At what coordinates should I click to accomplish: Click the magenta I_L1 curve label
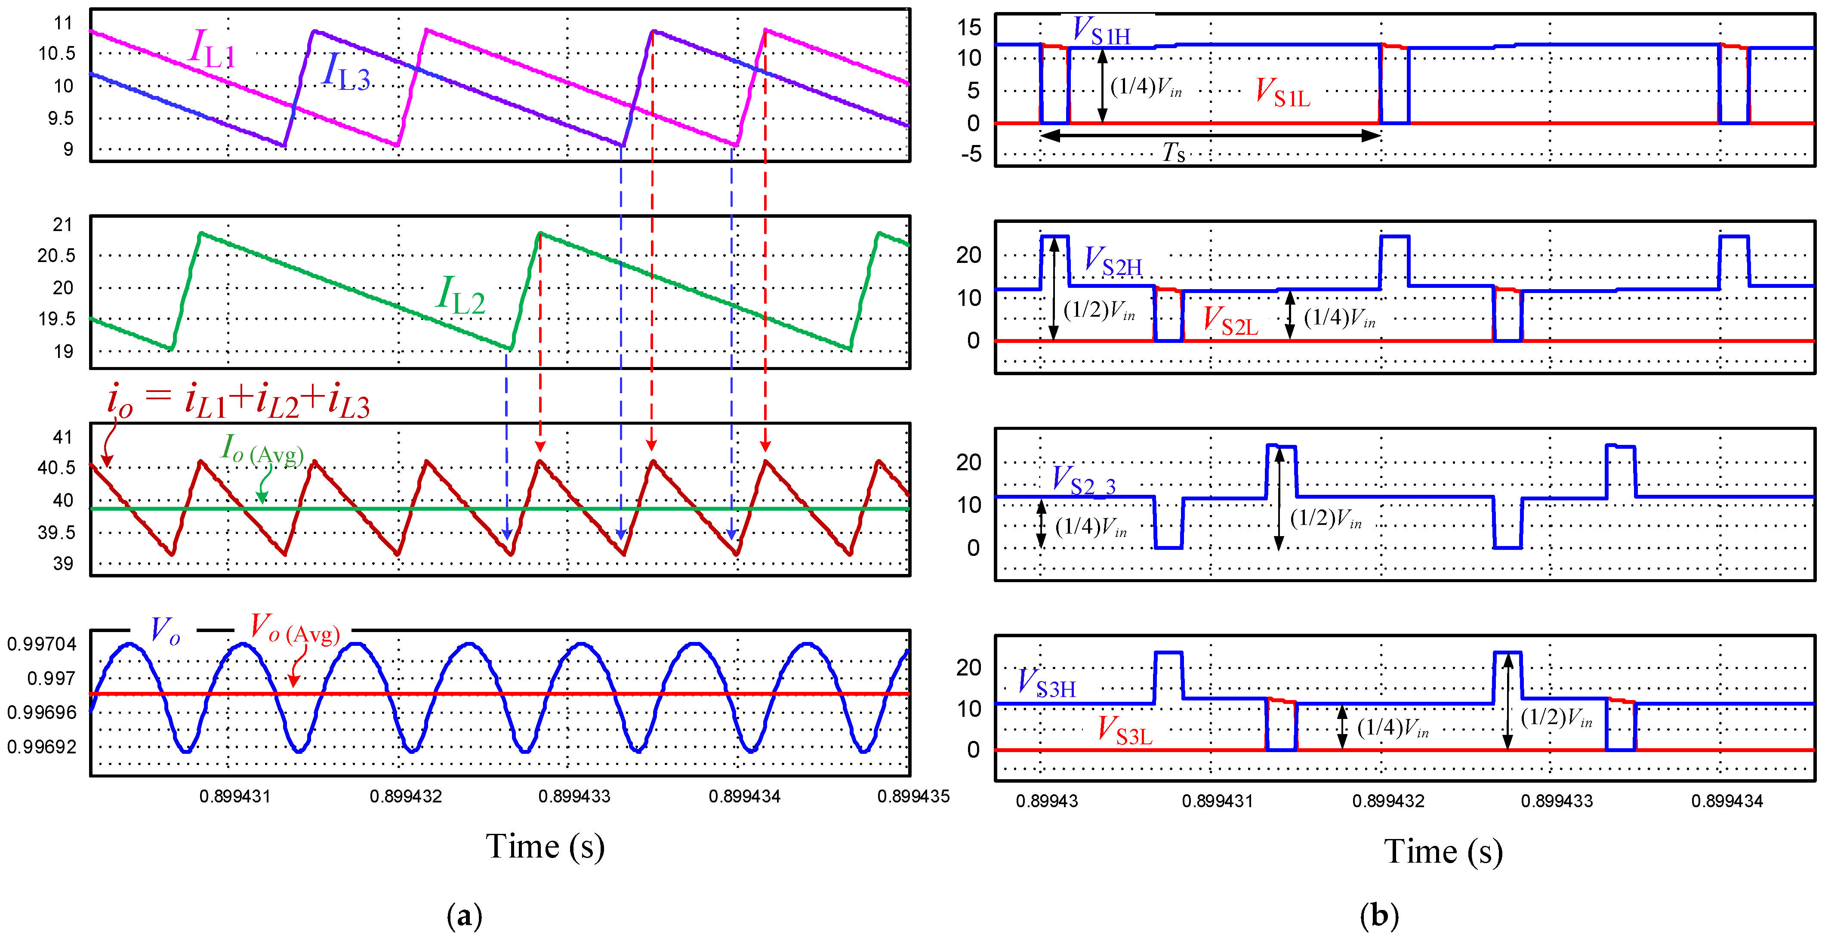pos(212,49)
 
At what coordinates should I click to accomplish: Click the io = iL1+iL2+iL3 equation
pos(238,401)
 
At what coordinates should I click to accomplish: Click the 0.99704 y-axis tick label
pos(42,644)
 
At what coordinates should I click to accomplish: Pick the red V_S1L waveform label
pos(1282,93)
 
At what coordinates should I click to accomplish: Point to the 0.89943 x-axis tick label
pos(1046,801)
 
